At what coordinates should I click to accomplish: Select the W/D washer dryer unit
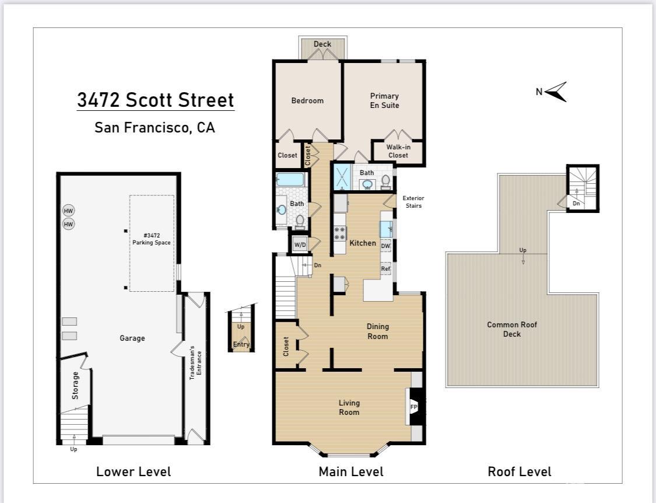300,244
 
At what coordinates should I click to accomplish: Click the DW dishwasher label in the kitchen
385,246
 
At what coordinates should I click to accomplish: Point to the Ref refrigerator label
385,268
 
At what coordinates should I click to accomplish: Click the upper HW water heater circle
69,211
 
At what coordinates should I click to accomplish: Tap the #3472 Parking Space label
152,239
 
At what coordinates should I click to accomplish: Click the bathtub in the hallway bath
291,180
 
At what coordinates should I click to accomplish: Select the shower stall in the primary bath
342,177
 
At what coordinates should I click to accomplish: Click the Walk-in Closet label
398,151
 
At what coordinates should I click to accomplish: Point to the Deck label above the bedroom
322,44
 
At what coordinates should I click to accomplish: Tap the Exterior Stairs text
413,202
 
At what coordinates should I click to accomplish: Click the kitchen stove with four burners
340,233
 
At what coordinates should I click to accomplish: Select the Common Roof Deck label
511,329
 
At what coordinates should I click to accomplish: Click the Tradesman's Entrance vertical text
195,363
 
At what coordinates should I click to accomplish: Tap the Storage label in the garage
75,385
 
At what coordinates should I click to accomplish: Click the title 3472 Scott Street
156,100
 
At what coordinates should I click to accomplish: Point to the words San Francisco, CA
155,127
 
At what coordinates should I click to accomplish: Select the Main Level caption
351,471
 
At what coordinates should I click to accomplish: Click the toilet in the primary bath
385,181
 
